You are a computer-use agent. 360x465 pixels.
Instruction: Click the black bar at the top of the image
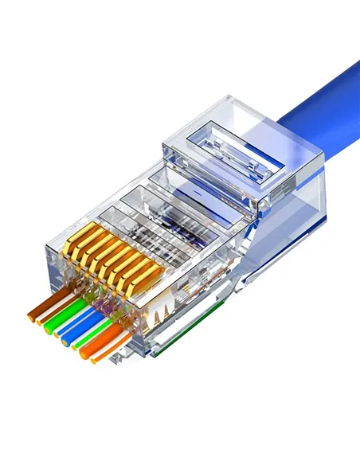(x=180, y=25)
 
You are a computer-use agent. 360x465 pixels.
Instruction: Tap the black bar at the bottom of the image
(x=180, y=440)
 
